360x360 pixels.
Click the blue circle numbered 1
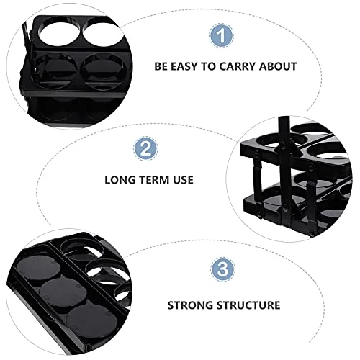222,35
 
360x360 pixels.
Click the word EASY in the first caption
186,66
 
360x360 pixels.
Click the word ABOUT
278,66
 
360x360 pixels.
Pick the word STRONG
191,305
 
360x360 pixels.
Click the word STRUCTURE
248,305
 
